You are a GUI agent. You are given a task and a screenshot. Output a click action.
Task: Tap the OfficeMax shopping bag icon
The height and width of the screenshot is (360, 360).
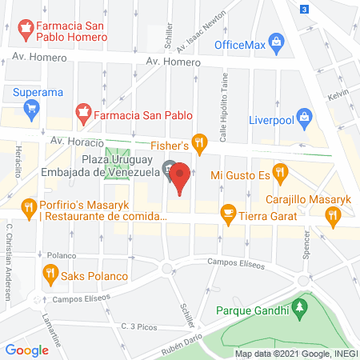pos(277,41)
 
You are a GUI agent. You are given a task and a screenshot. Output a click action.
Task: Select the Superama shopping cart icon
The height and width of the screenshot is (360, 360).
pos(32,110)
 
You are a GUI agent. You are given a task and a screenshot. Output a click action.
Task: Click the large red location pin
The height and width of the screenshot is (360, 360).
pos(182,178)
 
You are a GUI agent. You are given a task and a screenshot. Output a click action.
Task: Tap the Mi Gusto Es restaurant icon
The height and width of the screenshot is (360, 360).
pos(279,171)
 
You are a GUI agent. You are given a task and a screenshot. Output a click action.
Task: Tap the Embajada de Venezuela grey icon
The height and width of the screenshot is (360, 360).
pos(168,170)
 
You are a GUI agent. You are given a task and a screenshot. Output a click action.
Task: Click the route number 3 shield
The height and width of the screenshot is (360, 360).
pos(304,9)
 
